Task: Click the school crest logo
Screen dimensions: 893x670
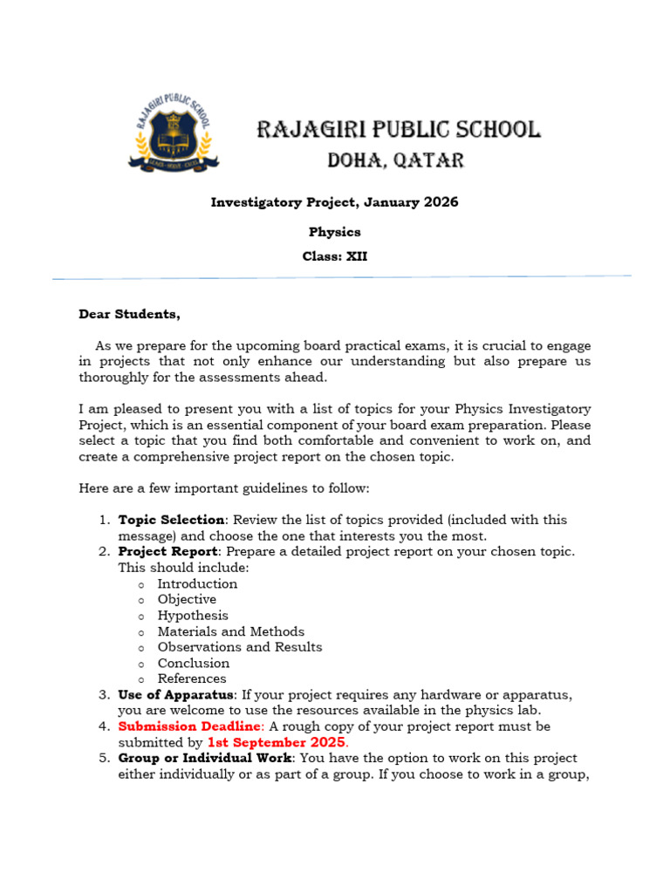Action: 174,132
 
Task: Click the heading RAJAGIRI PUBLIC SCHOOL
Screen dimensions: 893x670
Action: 398,131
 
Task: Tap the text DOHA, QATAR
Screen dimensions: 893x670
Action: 395,160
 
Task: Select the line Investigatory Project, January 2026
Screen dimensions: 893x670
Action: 334,202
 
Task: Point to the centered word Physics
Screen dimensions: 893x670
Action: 334,232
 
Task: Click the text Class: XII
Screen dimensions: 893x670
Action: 334,256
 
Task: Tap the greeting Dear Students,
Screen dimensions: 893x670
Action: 129,314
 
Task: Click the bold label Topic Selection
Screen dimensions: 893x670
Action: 171,520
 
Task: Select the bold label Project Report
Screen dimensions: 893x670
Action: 167,551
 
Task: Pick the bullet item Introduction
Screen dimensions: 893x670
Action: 197,583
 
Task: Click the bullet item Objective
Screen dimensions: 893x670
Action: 187,599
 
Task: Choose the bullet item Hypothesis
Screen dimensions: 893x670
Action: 193,616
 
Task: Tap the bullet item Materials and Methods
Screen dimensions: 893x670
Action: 230,631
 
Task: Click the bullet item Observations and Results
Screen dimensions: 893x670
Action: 239,647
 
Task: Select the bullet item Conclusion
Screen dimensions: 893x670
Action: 193,663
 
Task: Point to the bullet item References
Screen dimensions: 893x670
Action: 191,678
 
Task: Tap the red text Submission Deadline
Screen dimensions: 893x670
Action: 188,726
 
